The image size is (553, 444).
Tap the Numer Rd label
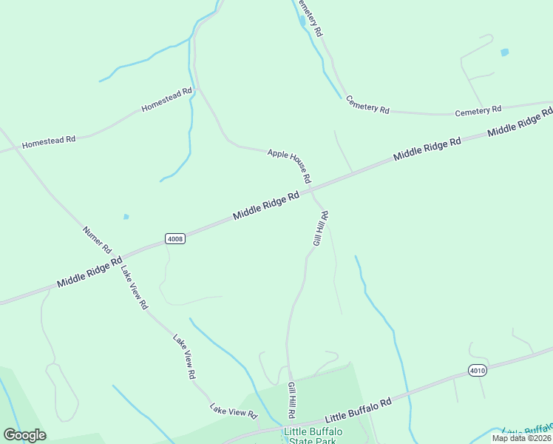click(97, 238)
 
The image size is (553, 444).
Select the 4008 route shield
click(175, 238)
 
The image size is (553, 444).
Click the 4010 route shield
click(478, 370)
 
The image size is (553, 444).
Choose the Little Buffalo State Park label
click(311, 435)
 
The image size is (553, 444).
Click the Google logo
click(24, 435)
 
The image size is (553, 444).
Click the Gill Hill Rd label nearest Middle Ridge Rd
click(320, 228)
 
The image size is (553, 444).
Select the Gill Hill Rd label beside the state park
click(292, 403)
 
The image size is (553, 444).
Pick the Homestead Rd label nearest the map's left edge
click(49, 140)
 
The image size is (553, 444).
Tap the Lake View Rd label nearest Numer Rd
click(135, 288)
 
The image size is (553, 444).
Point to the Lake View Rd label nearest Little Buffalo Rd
click(232, 409)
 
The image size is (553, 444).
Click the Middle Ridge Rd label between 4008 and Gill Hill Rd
click(266, 205)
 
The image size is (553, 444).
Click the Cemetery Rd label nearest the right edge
click(478, 111)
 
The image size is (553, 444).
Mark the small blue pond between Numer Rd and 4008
click(126, 217)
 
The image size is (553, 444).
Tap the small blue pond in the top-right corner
click(504, 53)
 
